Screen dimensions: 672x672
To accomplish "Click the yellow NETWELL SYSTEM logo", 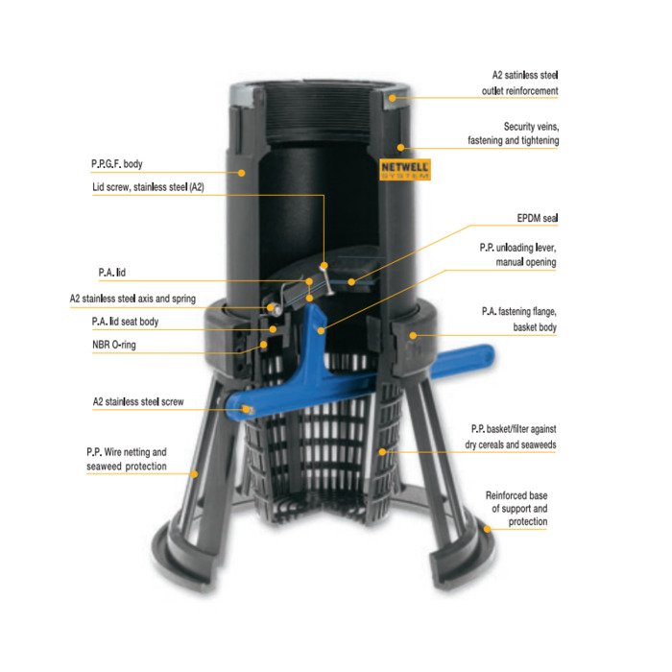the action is (405, 170).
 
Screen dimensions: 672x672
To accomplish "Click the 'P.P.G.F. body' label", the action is (116, 164).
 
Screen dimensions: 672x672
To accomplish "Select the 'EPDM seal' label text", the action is (538, 218).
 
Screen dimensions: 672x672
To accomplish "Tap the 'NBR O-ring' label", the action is (114, 345).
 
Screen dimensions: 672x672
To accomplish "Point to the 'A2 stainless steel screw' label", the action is (138, 401).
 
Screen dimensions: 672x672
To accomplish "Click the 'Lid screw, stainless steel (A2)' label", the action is (148, 187).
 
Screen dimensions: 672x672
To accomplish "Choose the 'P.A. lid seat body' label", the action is (125, 322).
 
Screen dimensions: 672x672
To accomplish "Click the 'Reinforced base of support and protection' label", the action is (516, 508).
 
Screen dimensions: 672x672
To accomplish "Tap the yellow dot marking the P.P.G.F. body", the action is (242, 173).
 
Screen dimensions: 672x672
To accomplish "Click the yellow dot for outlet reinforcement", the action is (392, 98).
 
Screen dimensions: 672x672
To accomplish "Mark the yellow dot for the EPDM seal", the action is (351, 282).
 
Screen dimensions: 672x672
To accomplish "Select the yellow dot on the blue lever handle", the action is (321, 330).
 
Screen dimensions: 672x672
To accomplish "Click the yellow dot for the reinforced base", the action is (488, 529).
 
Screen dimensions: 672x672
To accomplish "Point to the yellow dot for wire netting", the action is (194, 474).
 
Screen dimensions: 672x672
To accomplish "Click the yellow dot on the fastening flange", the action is (413, 335).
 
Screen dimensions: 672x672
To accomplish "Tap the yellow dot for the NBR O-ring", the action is (264, 344).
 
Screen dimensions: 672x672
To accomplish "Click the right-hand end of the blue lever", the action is (492, 354).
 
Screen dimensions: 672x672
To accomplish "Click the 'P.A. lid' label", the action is (112, 273).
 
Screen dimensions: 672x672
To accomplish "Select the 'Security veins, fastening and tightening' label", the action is (513, 133).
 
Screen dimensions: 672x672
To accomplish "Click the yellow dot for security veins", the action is (400, 148).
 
